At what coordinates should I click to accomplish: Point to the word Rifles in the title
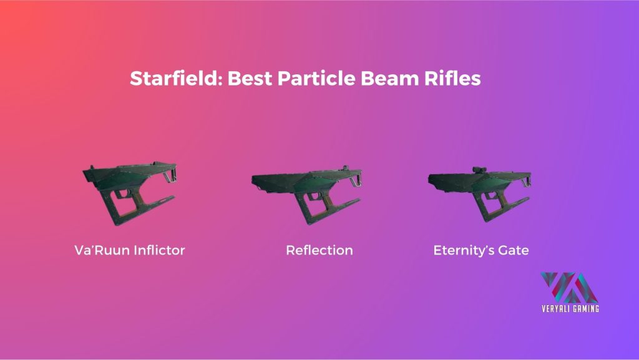(452, 78)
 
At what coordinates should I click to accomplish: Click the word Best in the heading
(250, 78)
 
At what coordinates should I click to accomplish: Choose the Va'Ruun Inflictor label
(130, 250)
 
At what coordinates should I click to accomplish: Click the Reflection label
(319, 250)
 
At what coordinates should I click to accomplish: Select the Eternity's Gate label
(481, 250)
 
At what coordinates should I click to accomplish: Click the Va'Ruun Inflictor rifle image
(130, 193)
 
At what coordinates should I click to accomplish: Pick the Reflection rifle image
(306, 195)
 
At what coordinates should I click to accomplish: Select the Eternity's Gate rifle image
(480, 194)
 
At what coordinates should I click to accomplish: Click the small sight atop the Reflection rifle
(346, 168)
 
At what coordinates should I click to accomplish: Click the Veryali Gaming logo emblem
(569, 287)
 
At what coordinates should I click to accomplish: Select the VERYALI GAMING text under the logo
(570, 308)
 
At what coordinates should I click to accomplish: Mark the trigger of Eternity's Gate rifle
(492, 195)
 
